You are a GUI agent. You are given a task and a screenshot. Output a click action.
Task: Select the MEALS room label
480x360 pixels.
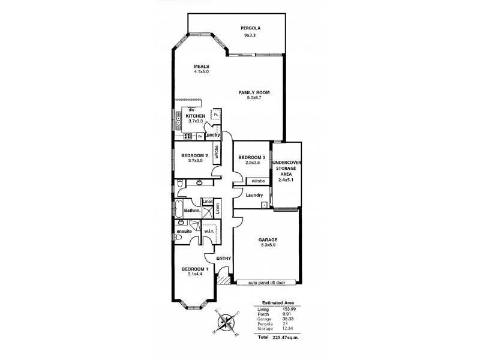pyautogui.click(x=201, y=66)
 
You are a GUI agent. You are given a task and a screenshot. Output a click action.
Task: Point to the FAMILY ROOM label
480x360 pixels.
pyautogui.click(x=254, y=93)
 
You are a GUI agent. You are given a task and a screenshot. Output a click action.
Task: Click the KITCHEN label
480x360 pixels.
pyautogui.click(x=196, y=116)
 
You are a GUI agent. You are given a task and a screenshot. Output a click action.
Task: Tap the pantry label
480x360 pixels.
pyautogui.click(x=213, y=136)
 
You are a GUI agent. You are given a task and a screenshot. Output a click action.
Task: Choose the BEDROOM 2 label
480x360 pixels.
pyautogui.click(x=193, y=155)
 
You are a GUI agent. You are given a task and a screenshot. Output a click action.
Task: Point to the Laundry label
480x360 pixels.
pyautogui.click(x=255, y=196)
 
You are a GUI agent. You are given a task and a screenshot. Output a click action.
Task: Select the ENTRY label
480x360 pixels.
pyautogui.click(x=224, y=258)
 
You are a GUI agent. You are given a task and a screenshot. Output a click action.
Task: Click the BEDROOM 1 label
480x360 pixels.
pyautogui.click(x=194, y=269)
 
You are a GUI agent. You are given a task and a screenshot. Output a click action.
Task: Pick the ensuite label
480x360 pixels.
pyautogui.click(x=184, y=231)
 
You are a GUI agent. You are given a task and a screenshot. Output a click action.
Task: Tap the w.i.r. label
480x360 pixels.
pyautogui.click(x=209, y=231)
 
